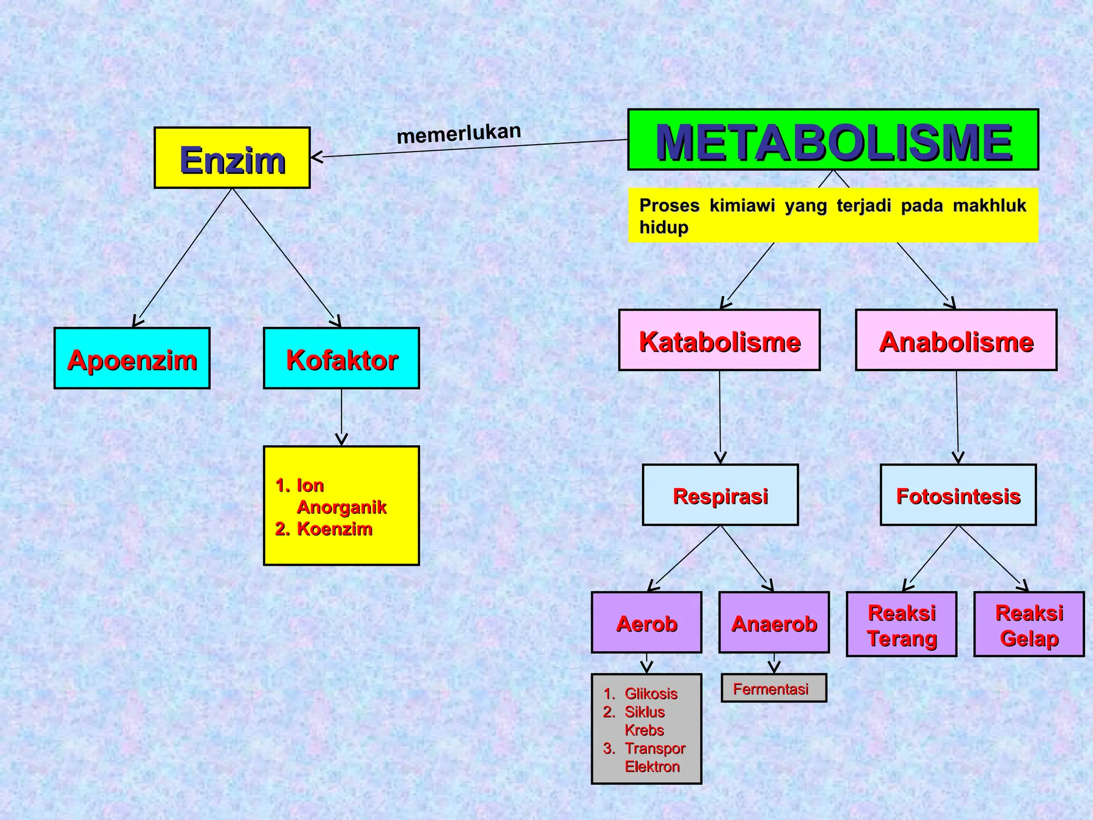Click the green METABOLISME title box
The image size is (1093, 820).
tap(833, 140)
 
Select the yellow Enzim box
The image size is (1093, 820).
tap(232, 158)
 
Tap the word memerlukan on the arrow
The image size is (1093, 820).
tap(459, 133)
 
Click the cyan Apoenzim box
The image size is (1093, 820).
tap(132, 358)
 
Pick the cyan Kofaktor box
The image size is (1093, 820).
tap(342, 358)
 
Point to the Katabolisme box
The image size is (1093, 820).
tap(719, 340)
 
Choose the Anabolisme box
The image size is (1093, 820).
tap(956, 340)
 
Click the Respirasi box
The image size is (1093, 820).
tap(720, 495)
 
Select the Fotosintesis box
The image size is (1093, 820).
tap(958, 495)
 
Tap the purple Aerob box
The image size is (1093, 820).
tap(646, 622)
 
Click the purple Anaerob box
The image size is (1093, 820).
tap(774, 622)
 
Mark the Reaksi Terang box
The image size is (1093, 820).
tap(901, 624)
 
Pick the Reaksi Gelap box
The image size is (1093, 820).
tap(1029, 624)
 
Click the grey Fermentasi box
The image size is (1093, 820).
tap(773, 688)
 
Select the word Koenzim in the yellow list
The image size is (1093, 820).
tap(334, 529)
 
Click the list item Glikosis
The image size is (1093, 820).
tap(651, 693)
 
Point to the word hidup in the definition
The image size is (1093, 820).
tap(664, 227)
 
